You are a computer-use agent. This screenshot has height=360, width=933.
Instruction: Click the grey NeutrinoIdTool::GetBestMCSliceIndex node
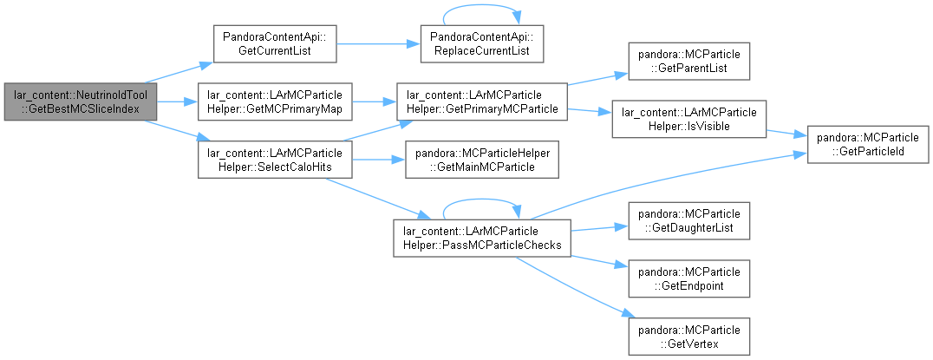(81, 101)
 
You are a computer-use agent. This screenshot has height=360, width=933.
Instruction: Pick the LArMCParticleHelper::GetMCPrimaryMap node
(275, 101)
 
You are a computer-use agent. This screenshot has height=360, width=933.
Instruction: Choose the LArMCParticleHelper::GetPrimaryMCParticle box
(482, 101)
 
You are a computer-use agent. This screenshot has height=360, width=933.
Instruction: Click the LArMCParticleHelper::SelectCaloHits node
(275, 160)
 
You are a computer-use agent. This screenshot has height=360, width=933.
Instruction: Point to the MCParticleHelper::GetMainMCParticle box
(482, 160)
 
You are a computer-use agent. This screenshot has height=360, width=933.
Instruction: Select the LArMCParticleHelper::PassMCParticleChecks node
(482, 238)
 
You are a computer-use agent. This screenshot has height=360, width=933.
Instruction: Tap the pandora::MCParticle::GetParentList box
(689, 62)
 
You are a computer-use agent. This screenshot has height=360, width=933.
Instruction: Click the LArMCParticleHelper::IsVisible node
(689, 119)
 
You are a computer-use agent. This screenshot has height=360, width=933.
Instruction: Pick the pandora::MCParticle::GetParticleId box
(868, 144)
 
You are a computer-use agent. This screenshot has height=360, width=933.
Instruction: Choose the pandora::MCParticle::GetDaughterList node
(689, 220)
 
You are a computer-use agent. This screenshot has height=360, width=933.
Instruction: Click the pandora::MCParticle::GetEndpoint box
(689, 278)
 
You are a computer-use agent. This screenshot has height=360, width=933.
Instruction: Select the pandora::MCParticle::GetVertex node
(689, 337)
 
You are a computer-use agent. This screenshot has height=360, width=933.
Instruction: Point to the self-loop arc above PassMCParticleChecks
(482, 200)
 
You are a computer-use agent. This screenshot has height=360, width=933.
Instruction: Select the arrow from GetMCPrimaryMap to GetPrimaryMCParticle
(375, 101)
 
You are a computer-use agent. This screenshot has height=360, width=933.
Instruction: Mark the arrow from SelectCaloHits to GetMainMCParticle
(378, 160)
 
